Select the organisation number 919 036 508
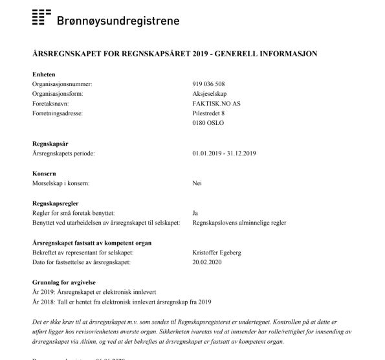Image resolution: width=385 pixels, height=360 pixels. click(x=209, y=85)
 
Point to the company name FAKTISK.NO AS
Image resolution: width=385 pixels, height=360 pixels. click(x=215, y=103)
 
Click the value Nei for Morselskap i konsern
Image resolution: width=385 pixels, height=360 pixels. click(x=197, y=184)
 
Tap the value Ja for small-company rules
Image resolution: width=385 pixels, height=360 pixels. click(x=195, y=212)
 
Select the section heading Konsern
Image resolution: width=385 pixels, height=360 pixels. click(x=44, y=174)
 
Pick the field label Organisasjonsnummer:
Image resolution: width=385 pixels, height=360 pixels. click(x=63, y=85)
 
